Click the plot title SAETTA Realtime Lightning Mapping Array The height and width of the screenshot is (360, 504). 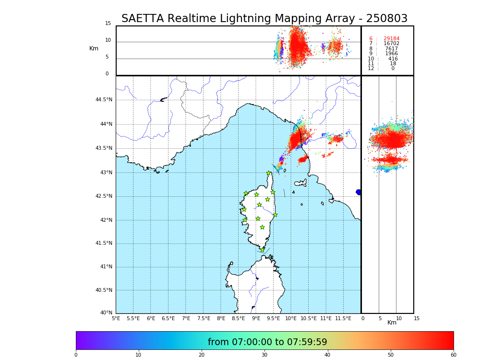click(264, 19)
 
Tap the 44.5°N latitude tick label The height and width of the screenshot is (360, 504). click(104, 100)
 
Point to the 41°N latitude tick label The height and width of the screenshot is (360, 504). click(105, 267)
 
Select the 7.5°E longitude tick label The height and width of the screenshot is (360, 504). click(204, 318)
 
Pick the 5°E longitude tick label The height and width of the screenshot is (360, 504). click(116, 318)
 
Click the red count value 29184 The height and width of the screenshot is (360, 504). click(391, 39)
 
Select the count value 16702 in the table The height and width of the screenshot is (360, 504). click(391, 44)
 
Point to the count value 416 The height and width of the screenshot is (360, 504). click(393, 59)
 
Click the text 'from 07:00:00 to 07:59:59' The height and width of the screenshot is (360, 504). click(267, 342)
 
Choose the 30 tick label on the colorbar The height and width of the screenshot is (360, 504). click(264, 355)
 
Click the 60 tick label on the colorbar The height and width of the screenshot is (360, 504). click(453, 355)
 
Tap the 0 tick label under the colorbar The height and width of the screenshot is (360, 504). click(76, 355)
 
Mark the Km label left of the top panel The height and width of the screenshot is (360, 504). click(94, 48)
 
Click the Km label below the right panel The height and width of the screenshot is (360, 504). click(392, 323)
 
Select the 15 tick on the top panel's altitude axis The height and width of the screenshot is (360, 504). click(108, 24)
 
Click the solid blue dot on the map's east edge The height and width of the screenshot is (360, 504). click(359, 192)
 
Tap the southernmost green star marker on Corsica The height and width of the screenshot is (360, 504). click(262, 250)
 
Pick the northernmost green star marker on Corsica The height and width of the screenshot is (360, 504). click(269, 173)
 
